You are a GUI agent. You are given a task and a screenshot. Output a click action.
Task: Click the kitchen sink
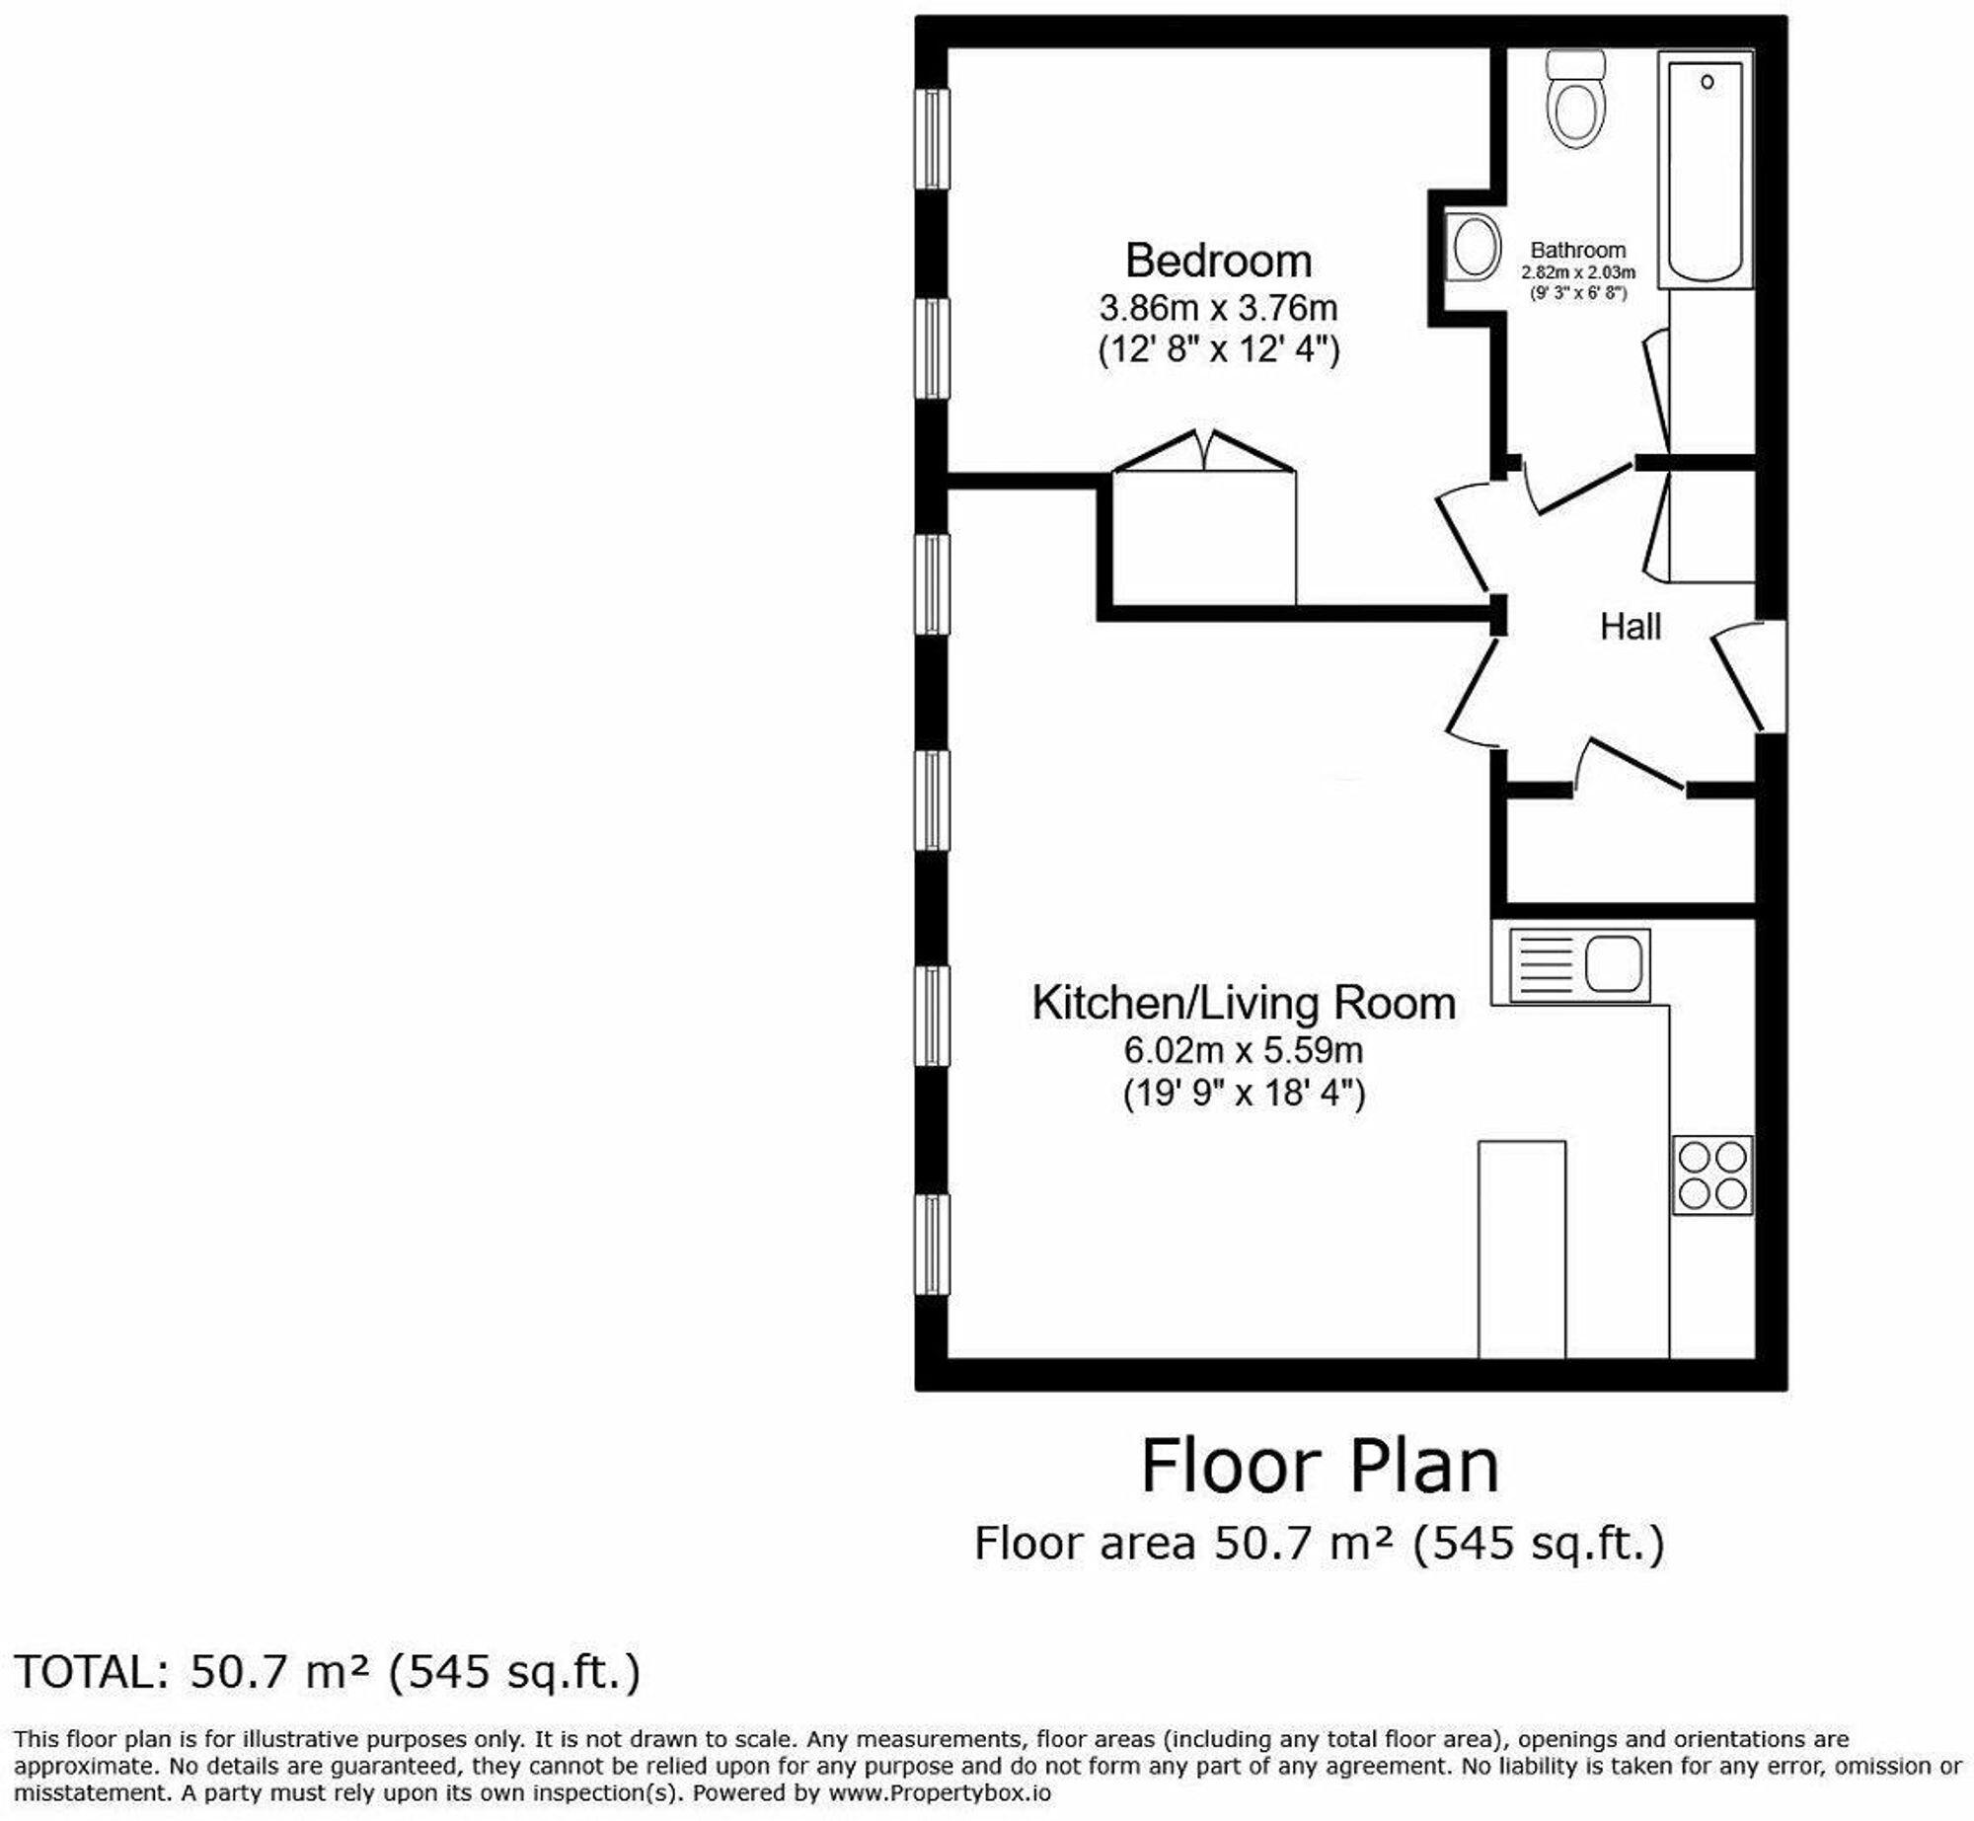click(1579, 963)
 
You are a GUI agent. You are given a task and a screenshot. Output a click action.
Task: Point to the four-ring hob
click(1712, 1175)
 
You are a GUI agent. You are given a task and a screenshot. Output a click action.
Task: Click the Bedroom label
click(1219, 262)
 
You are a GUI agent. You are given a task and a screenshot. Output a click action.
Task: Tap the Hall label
click(1631, 627)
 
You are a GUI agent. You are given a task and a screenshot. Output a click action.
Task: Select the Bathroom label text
click(1578, 251)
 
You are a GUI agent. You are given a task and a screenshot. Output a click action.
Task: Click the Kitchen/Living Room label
click(1244, 1004)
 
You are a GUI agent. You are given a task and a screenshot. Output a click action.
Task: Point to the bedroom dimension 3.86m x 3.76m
click(1219, 309)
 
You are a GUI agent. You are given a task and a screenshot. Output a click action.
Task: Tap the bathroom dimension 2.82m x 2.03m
click(1578, 272)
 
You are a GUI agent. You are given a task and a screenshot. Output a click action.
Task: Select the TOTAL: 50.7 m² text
click(328, 1672)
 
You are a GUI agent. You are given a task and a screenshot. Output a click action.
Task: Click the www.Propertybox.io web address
click(940, 1792)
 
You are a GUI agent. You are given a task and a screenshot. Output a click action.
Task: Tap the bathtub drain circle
click(1707, 82)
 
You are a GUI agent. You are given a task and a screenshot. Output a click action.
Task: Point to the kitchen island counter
click(1521, 1249)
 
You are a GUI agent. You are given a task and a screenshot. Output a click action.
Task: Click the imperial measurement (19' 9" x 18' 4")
click(1244, 1094)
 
